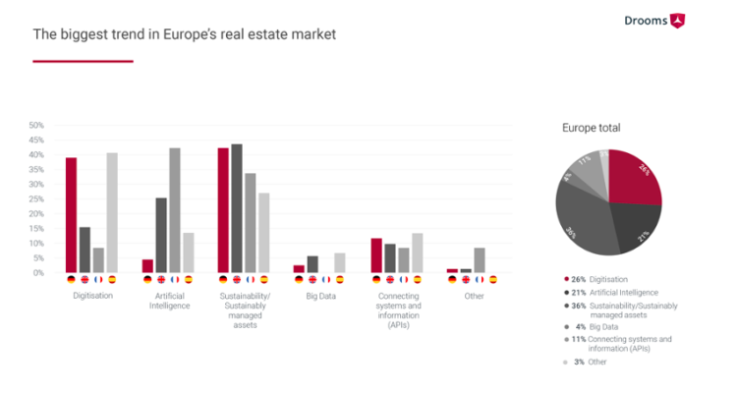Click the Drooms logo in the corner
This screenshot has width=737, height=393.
tap(654, 20)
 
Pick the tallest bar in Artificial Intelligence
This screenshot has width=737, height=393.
tap(175, 209)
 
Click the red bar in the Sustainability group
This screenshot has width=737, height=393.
tap(223, 209)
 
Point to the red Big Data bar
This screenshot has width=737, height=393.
tap(299, 268)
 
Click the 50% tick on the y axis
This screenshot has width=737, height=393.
tap(36, 126)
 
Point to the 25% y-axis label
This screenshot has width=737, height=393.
tap(36, 199)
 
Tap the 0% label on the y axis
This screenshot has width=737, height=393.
tap(38, 272)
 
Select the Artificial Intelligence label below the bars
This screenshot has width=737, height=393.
tap(168, 299)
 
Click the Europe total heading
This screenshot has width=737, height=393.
tap(591, 128)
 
